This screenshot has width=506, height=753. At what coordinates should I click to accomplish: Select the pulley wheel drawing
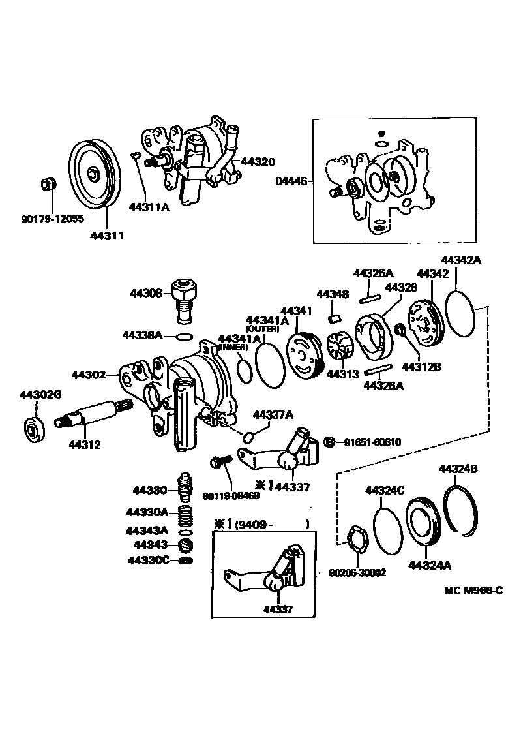point(93,174)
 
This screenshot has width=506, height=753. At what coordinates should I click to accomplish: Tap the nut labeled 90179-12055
point(47,185)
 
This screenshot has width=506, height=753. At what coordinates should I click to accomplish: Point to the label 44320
point(258,161)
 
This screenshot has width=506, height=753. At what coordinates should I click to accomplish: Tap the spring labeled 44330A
point(185,514)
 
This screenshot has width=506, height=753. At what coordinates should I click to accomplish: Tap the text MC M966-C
point(473,591)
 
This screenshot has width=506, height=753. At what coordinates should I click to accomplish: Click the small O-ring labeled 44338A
point(185,337)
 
